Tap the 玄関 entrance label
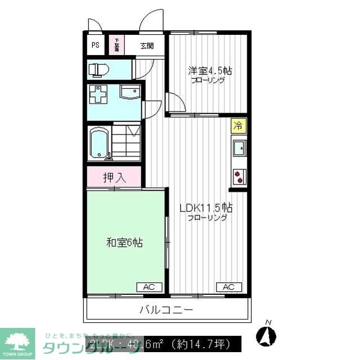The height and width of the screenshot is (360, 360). pyautogui.click(x=146, y=46)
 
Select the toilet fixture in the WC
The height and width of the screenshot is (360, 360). pyautogui.click(x=98, y=70)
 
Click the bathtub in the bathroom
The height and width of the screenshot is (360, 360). pyautogui.click(x=100, y=144)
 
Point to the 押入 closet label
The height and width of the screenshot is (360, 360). pyautogui.click(x=114, y=178)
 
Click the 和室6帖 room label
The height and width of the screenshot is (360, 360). pyautogui.click(x=124, y=243)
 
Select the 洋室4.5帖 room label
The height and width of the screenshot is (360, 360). pyautogui.click(x=210, y=71)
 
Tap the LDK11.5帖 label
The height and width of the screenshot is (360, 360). pyautogui.click(x=206, y=208)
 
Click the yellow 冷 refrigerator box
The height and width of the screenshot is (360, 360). pyautogui.click(x=238, y=125)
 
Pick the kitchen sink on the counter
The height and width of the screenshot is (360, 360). pyautogui.click(x=239, y=147)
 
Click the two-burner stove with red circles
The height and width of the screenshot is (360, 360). pyautogui.click(x=239, y=177)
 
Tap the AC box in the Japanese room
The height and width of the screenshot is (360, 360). pyautogui.click(x=148, y=287)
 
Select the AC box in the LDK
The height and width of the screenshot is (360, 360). pyautogui.click(x=228, y=287)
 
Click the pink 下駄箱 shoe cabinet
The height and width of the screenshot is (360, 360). pyautogui.click(x=116, y=45)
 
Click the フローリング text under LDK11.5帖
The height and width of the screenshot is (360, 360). pyautogui.click(x=208, y=218)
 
